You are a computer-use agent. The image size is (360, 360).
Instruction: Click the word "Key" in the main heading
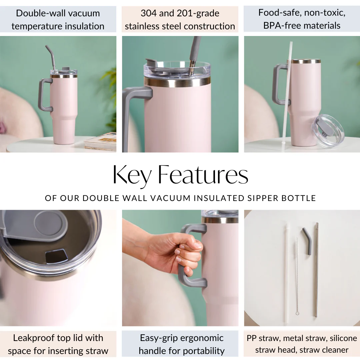tap(132, 176)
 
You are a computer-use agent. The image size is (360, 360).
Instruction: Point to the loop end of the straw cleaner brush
tap(298, 313)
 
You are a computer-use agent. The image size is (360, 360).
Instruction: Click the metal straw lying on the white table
tap(316, 270)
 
